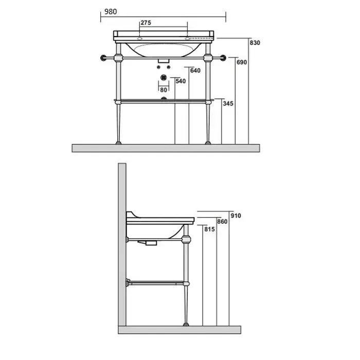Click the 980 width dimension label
[111, 11]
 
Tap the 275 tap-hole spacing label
[146, 23]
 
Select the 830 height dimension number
[255, 43]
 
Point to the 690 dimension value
[242, 62]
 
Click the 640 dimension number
[195, 70]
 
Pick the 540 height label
[181, 81]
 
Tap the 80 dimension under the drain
[164, 90]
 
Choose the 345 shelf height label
[228, 103]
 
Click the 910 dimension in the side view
[236, 216]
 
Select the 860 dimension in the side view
[222, 222]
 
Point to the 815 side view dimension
[210, 229]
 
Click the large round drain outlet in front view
[164, 78]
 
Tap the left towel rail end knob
[103, 58]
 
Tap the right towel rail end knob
[223, 58]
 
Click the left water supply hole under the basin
[158, 67]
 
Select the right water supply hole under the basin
[169, 67]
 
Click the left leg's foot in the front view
[118, 143]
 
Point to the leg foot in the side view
[186, 325]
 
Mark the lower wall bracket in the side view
[128, 283]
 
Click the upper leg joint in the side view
[186, 240]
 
